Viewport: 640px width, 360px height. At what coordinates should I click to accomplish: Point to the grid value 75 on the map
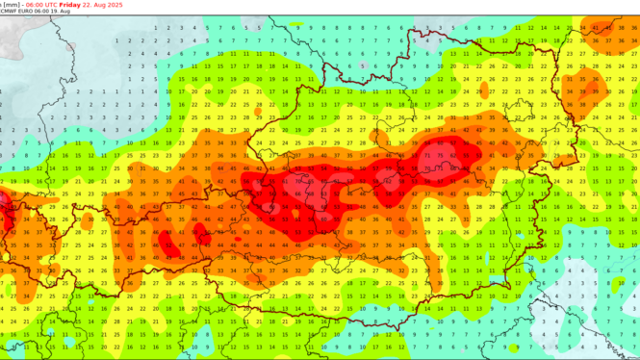[x=441, y=154]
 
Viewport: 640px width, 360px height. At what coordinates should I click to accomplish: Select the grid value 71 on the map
[x=427, y=154]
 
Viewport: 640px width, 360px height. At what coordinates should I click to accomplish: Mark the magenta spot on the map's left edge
[x=3, y=200]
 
